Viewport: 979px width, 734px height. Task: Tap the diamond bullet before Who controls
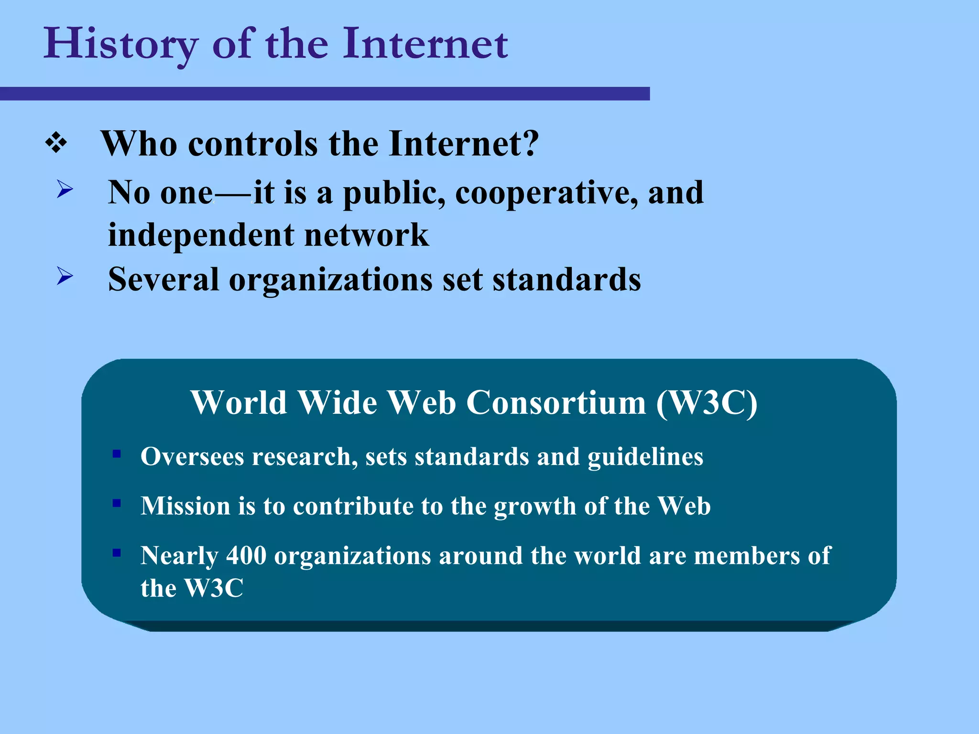coord(56,143)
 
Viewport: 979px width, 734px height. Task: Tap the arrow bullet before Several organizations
coord(65,276)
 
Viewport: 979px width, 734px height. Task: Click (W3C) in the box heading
coord(707,402)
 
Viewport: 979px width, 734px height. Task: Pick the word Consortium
coord(556,402)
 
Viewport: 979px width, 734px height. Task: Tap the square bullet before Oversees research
coord(117,453)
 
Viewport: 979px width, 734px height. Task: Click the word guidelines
coord(645,457)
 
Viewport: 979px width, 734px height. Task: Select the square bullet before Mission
coord(117,503)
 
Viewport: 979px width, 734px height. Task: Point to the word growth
coord(535,507)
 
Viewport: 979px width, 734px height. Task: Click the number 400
coord(246,555)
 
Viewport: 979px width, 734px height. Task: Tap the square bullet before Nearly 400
coord(117,553)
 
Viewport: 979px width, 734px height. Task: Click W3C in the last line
coord(214,588)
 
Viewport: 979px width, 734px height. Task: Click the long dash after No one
coord(233,194)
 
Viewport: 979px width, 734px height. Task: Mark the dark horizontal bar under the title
coord(325,94)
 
